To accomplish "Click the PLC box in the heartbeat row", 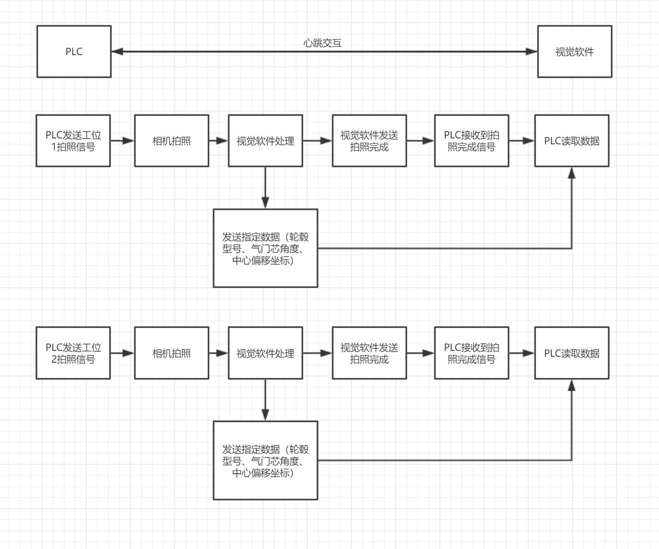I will coord(74,51).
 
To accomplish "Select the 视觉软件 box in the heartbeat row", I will coord(574,51).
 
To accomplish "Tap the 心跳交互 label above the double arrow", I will coord(322,43).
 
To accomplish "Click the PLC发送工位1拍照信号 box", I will coord(73,141).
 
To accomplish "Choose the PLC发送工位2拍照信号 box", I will coord(73,353).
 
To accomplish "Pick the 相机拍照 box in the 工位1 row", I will coord(171,141).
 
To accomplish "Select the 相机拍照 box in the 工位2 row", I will coord(171,353).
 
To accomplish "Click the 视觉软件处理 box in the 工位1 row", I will coord(265,141).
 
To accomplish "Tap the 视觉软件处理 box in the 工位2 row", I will coord(265,353).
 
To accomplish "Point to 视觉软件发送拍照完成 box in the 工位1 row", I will coord(369,141).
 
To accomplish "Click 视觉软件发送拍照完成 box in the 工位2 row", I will coord(369,353).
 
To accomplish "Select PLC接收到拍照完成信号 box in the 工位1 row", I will coord(471,141).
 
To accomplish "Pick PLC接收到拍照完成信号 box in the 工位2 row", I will coord(471,353).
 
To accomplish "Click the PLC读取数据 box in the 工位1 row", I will coord(571,141).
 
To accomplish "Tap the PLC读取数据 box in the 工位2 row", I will coord(571,353).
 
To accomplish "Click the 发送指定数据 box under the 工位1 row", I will coord(265,248).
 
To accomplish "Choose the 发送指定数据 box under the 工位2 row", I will coord(265,460).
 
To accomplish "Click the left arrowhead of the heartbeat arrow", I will coord(117,51).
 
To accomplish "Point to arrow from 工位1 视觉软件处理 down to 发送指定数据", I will coord(265,187).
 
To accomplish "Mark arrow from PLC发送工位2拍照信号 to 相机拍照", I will coord(122,353).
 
